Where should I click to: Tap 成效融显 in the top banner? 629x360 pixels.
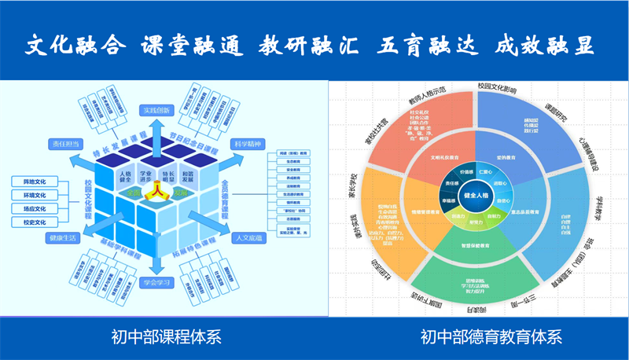coord(544,46)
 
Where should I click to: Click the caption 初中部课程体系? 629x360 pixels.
coord(166,337)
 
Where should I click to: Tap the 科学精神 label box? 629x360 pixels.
coord(246,144)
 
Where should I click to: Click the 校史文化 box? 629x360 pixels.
coord(34,222)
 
